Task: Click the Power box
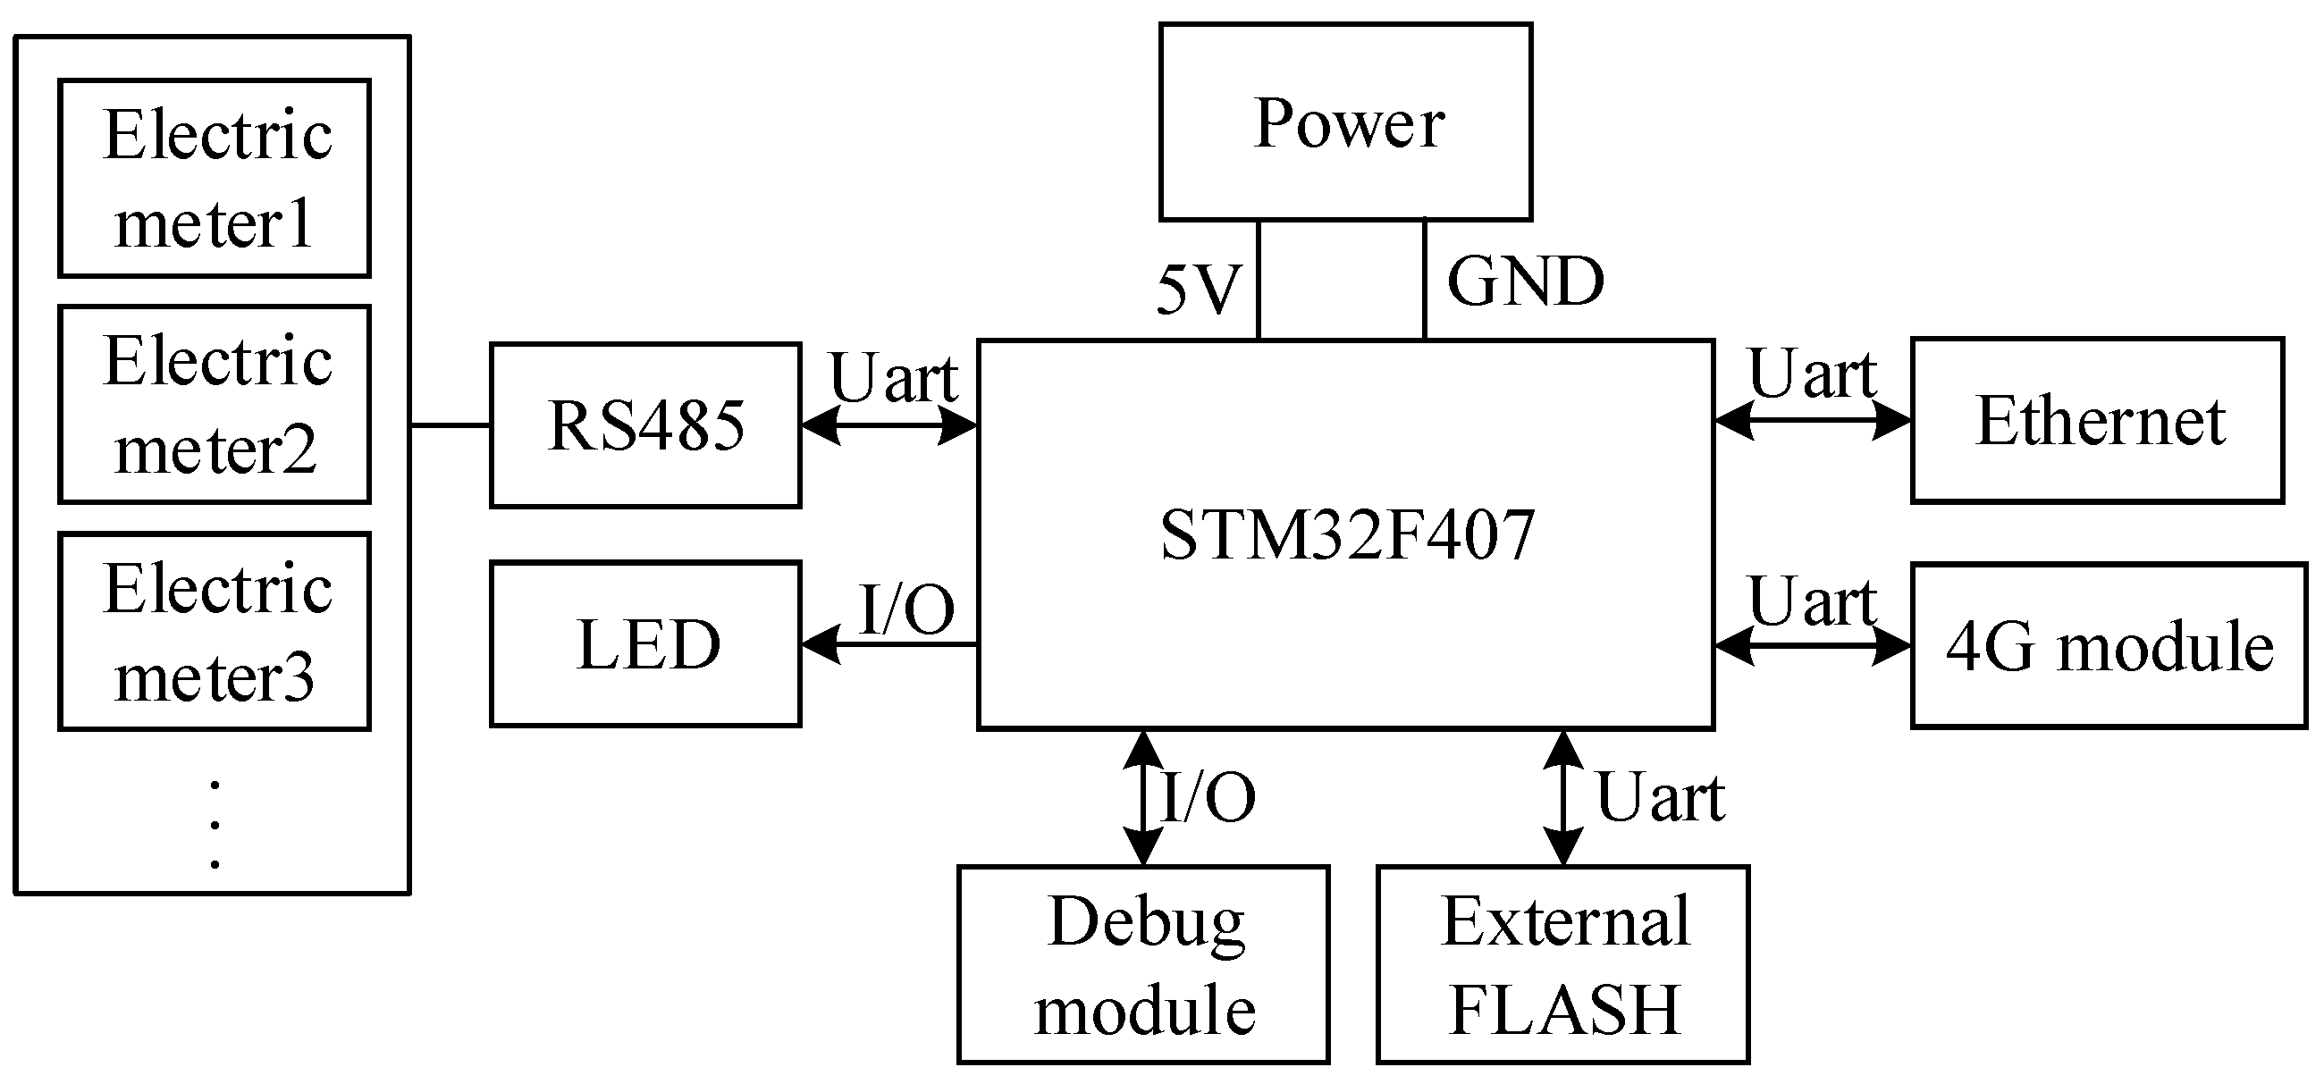click(1345, 122)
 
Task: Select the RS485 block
click(645, 425)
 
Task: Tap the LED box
click(645, 644)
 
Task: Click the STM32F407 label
click(1345, 534)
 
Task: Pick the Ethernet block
click(2097, 420)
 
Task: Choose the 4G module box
click(2109, 646)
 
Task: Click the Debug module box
click(1143, 964)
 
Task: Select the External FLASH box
click(1562, 964)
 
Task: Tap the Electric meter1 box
click(215, 178)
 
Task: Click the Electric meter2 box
click(215, 404)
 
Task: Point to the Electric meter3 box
click(215, 631)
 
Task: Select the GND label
click(1525, 282)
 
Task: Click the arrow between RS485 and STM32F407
click(888, 425)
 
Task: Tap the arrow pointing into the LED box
click(888, 644)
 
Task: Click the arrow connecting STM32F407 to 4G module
click(1812, 646)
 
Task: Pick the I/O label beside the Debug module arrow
click(1207, 797)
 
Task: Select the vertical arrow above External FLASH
click(1562, 797)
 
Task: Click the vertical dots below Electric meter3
click(215, 824)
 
